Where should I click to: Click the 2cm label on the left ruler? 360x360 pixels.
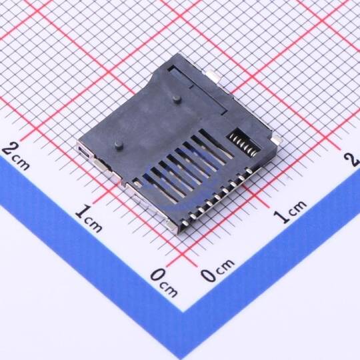pos(16,156)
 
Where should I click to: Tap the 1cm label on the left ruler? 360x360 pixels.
pos(89,218)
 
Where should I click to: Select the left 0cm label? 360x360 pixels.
pos(164,283)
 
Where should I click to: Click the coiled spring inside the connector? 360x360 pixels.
pos(244,145)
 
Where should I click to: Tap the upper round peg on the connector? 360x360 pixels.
pos(177,99)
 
